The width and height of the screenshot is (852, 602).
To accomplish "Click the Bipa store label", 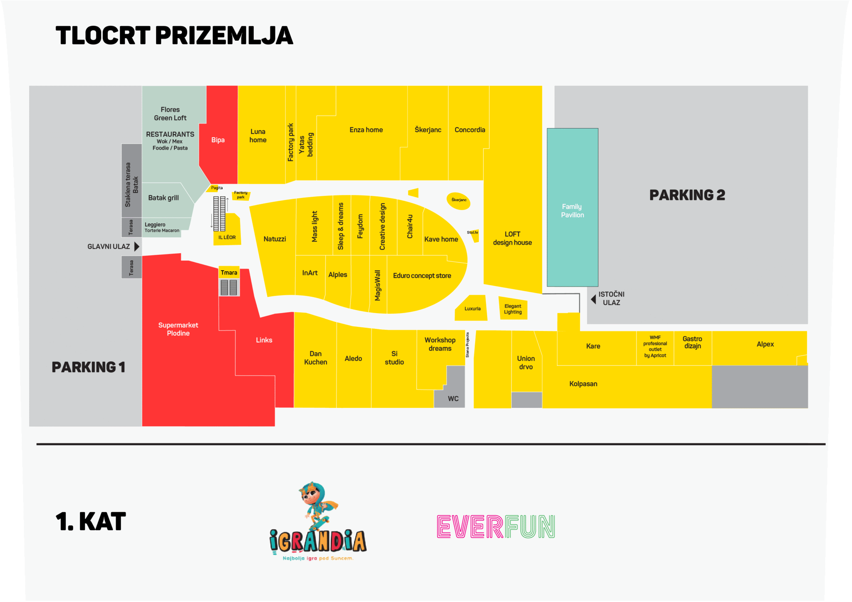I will pyautogui.click(x=218, y=140).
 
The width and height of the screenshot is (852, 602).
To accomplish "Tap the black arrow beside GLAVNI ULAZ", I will pyautogui.click(x=136, y=247).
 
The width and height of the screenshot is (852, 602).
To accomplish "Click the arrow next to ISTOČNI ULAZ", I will pyautogui.click(x=593, y=299).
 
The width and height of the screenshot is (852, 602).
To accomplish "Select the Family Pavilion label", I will pyautogui.click(x=572, y=211).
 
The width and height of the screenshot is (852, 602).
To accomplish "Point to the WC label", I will pyautogui.click(x=453, y=399).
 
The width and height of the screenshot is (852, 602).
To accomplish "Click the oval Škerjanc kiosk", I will pyautogui.click(x=458, y=200).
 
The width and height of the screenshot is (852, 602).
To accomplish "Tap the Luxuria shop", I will pyautogui.click(x=472, y=309).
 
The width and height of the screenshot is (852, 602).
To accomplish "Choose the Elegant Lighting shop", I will pyautogui.click(x=513, y=309).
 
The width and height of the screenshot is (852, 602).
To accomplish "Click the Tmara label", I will pyautogui.click(x=229, y=273).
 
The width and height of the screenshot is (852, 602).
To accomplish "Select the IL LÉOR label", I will pyautogui.click(x=227, y=237).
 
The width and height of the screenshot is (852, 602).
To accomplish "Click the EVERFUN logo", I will pyautogui.click(x=496, y=526).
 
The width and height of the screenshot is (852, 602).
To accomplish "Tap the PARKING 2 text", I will pyautogui.click(x=687, y=195).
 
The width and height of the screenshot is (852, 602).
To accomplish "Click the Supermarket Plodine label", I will pyautogui.click(x=178, y=329).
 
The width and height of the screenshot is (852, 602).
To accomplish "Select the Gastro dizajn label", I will pyautogui.click(x=692, y=343).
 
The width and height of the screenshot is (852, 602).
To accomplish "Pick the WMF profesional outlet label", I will pyautogui.click(x=655, y=346).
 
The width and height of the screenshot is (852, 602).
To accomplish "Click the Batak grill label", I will pyautogui.click(x=163, y=198).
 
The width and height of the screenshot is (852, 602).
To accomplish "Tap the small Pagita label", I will pyautogui.click(x=217, y=188).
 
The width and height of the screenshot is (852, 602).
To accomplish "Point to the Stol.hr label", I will pyautogui.click(x=472, y=232).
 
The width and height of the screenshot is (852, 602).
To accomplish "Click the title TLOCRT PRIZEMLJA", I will pyautogui.click(x=174, y=35).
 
